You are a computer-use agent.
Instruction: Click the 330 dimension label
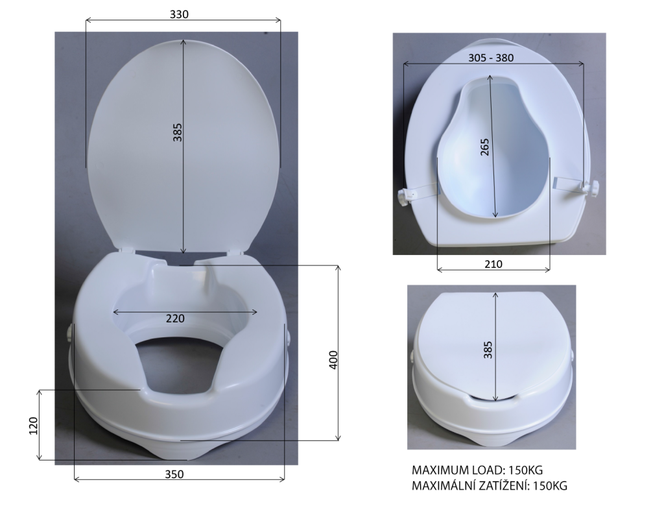tap(179, 14)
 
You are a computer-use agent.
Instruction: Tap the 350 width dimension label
tap(174, 474)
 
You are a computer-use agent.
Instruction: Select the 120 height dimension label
tap(34, 426)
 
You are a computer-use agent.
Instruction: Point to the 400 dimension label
tap(333, 360)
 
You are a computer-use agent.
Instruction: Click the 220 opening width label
tap(175, 319)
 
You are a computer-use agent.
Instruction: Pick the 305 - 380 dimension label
tap(491, 58)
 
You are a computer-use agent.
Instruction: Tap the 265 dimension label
tap(485, 147)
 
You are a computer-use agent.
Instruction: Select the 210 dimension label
tap(493, 264)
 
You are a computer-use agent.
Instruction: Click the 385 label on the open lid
tap(178, 132)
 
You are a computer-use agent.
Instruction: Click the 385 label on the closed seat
tap(488, 350)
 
